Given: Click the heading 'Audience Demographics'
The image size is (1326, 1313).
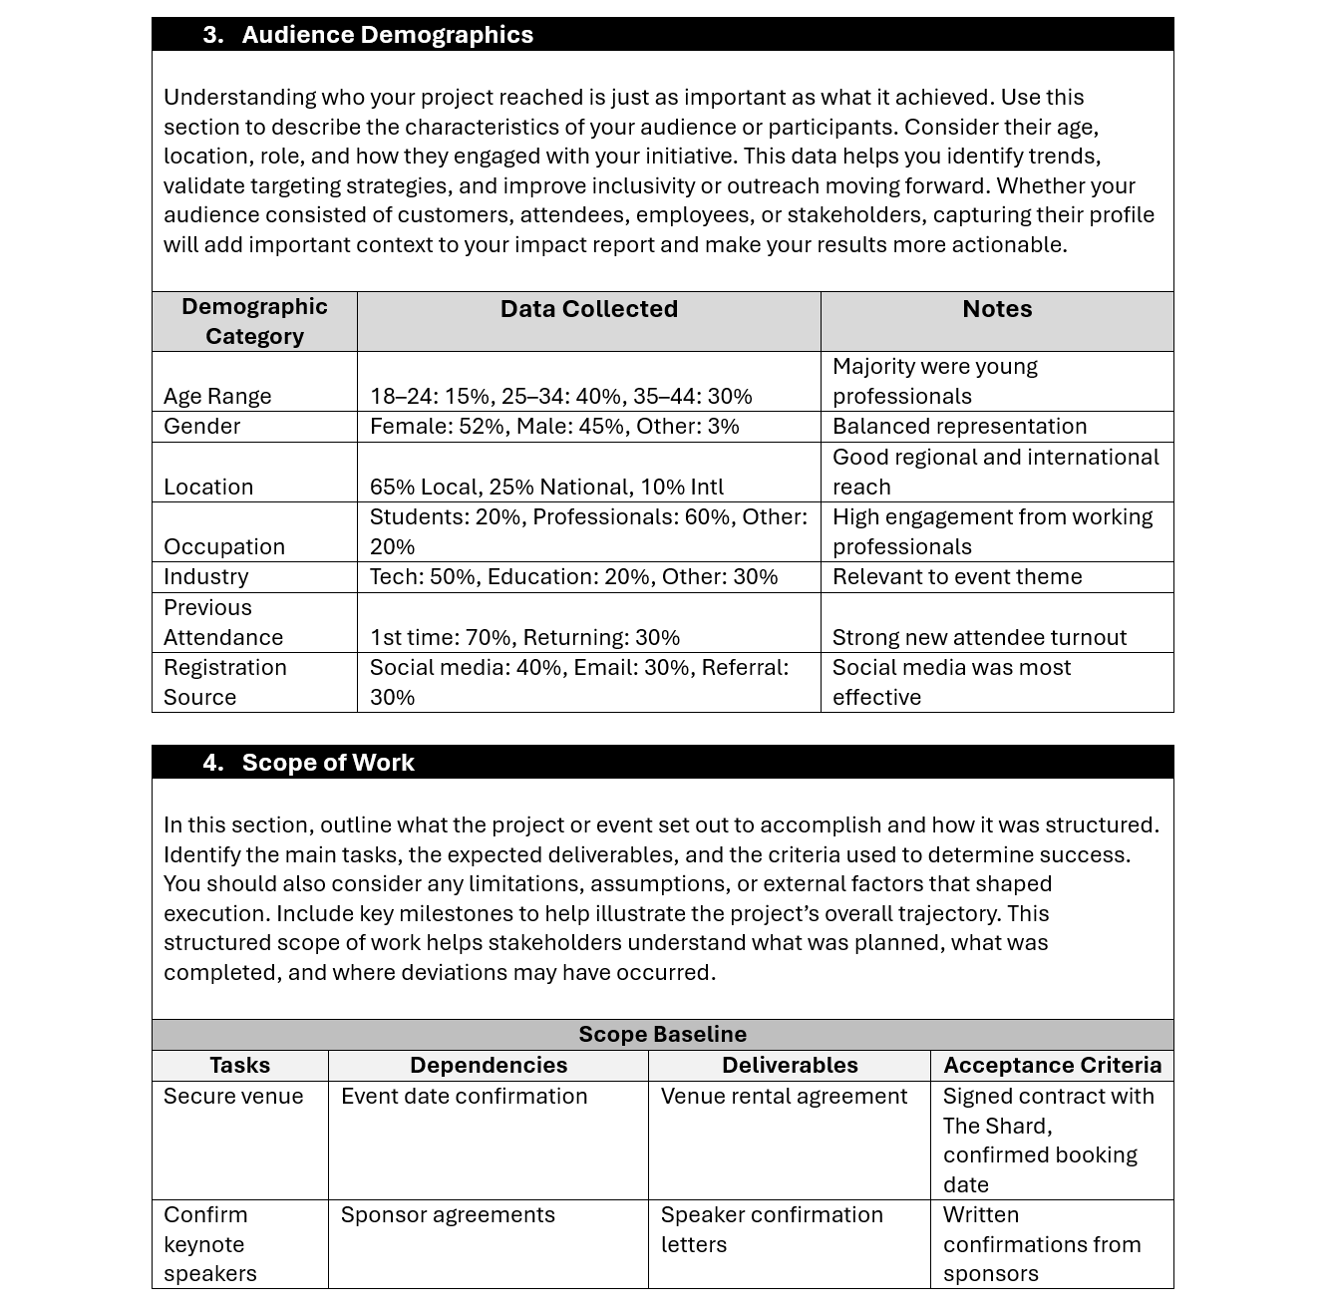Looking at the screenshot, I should [x=387, y=35].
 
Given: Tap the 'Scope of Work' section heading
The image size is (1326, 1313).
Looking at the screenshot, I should [x=327, y=763].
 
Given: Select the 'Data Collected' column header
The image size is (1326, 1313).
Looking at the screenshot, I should [x=588, y=309].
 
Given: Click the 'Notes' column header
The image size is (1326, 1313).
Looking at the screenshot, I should [x=996, y=309].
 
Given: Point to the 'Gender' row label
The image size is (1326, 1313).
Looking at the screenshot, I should [x=202, y=427].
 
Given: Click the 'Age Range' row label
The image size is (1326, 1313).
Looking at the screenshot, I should [x=217, y=396].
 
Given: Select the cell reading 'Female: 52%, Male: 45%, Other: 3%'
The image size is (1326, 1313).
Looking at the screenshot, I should [x=554, y=427].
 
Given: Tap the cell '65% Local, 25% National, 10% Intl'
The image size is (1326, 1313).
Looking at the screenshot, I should [x=546, y=487].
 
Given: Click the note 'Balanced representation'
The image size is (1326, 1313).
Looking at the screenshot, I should [x=959, y=427].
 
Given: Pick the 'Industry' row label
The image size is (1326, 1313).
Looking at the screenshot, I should [x=206, y=577].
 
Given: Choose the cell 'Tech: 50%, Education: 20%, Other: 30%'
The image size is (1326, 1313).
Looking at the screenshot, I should [x=573, y=577].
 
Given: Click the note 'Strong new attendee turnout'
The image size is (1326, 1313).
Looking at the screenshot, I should [x=979, y=637].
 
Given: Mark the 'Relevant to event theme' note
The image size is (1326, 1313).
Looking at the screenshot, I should [x=956, y=577].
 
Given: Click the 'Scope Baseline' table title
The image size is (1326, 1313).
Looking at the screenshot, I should [x=662, y=1035].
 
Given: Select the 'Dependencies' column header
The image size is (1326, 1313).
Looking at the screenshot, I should [x=489, y=1065].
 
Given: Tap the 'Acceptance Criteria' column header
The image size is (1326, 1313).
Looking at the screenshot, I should [x=1052, y=1065].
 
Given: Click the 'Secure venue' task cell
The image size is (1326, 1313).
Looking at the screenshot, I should [x=233, y=1096].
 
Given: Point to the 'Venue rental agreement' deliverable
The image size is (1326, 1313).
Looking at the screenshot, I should [x=784, y=1096].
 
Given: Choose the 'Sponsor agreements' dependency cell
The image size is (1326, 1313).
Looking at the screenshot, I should [x=448, y=1214].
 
